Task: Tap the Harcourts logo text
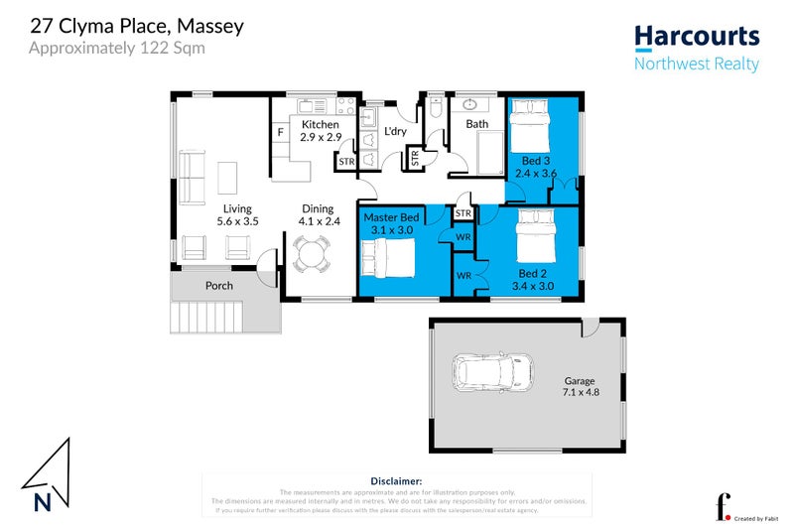(x=697, y=38)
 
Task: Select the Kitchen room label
(x=321, y=124)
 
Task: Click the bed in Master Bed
(x=388, y=260)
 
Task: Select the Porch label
(x=218, y=286)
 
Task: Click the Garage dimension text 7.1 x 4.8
(x=580, y=392)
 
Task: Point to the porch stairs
(x=205, y=319)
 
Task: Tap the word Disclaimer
(x=396, y=479)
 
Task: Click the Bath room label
(x=477, y=124)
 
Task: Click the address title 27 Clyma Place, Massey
(x=136, y=26)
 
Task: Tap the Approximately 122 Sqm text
(x=117, y=48)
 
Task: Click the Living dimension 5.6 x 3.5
(x=237, y=221)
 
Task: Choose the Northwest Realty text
(x=697, y=65)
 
